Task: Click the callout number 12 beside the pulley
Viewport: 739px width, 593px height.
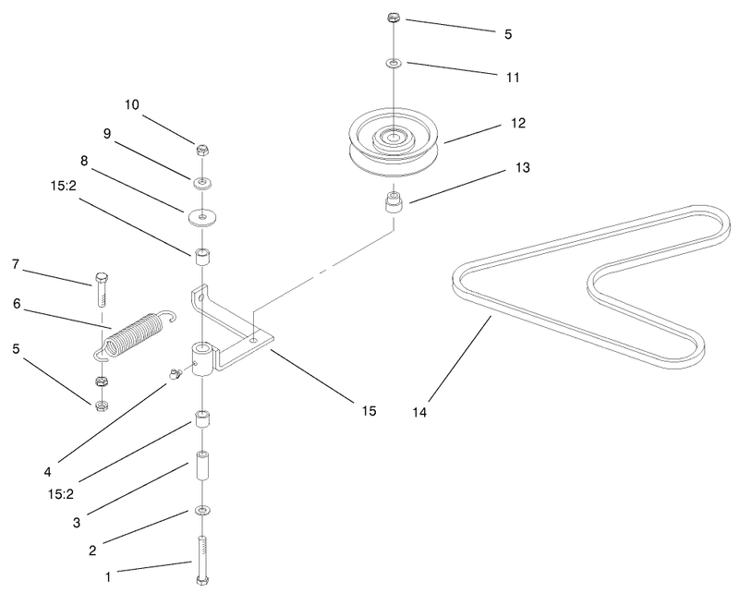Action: [518, 123]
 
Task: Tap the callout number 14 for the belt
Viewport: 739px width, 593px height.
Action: [419, 413]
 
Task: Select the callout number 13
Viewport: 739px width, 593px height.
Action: [523, 167]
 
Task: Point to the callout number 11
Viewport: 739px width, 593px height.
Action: [513, 78]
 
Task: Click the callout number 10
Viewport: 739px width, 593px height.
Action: [132, 104]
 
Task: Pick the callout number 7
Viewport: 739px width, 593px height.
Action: [16, 264]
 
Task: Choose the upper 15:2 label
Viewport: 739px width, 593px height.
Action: [63, 186]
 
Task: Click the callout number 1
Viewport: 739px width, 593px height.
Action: [108, 577]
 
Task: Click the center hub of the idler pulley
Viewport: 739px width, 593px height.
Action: [394, 137]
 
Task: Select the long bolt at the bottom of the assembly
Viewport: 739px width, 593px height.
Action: [202, 560]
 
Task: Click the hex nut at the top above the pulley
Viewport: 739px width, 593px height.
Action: [394, 18]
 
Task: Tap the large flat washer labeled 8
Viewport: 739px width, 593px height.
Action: [201, 218]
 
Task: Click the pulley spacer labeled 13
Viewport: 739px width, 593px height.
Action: [394, 201]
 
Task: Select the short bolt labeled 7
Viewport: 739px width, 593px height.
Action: [102, 289]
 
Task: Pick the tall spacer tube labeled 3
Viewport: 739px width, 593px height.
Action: [202, 466]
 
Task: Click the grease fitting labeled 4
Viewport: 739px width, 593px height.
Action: [175, 374]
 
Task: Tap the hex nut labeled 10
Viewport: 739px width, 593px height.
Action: [202, 151]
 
